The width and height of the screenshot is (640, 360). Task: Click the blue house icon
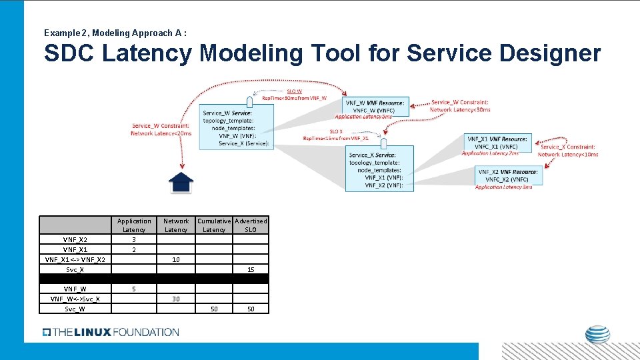point(181,181)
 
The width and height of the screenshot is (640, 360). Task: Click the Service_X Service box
point(379,168)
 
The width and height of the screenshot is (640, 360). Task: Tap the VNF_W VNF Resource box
point(375,106)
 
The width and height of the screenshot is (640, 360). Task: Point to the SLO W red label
point(294,91)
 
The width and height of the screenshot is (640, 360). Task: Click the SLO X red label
point(336,131)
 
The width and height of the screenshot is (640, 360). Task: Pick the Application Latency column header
point(134,225)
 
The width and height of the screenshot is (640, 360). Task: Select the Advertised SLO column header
point(251,225)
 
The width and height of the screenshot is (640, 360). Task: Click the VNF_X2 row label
point(75,239)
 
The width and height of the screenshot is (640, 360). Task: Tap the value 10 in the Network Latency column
point(176,259)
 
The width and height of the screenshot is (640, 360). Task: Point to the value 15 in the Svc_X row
point(251,269)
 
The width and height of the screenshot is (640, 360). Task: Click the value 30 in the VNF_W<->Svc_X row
point(176,299)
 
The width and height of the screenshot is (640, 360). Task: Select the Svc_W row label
point(75,309)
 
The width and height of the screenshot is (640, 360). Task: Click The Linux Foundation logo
point(111,332)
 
